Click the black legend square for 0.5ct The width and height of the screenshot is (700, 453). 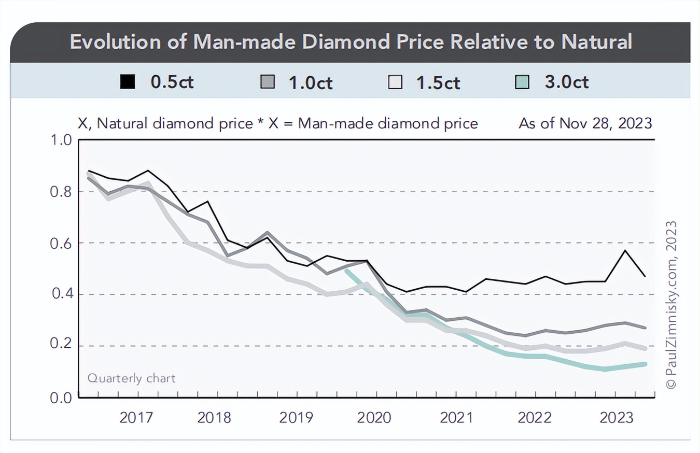coord(128,82)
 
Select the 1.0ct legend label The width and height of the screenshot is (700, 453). coord(310,82)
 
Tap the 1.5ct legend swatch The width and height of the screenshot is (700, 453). coord(396,82)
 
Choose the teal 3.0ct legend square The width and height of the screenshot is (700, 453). coord(523,82)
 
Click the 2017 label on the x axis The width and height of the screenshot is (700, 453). coord(136,418)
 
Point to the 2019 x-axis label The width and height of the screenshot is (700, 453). coord(296,418)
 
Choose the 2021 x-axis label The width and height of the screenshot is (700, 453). coord(457,418)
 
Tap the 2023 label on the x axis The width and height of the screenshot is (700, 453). coord(617,418)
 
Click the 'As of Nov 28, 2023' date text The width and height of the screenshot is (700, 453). coord(585,123)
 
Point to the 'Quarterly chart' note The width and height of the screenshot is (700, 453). coord(131,378)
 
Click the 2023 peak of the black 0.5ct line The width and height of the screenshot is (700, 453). coord(625,250)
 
